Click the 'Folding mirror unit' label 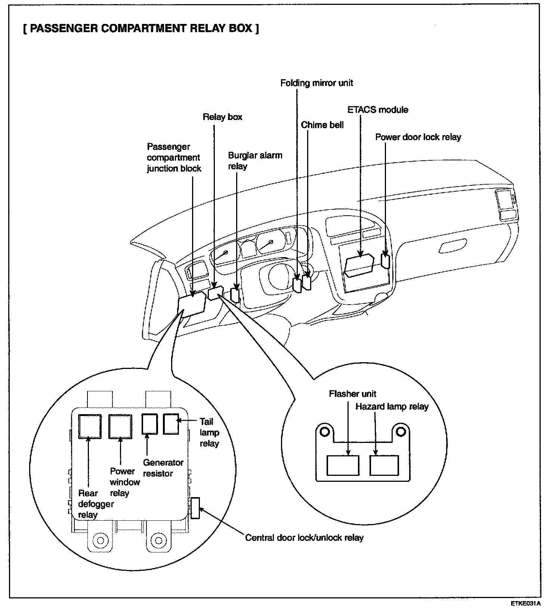[x=316, y=83]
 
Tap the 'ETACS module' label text [x=378, y=110]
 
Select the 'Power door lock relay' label [x=418, y=137]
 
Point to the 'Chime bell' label [x=322, y=125]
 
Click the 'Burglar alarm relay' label [x=255, y=161]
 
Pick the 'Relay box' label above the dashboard [x=222, y=117]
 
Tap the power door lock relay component [x=385, y=261]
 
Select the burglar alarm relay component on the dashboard [x=235, y=295]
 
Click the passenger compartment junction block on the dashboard [x=192, y=305]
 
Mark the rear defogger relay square [x=89, y=426]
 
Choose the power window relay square [x=120, y=426]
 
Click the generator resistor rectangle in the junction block [x=150, y=424]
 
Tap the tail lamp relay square [x=171, y=423]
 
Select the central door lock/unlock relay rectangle [x=195, y=508]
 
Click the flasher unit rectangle [x=343, y=465]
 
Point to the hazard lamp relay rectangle [x=384, y=465]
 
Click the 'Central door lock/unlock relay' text [x=304, y=537]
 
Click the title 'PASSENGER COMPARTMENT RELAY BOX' [x=141, y=28]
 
